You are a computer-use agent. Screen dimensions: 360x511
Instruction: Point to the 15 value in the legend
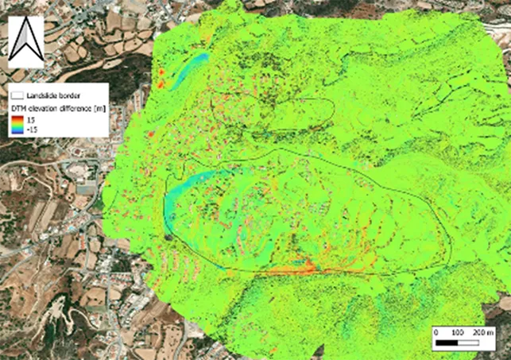coord(33,118)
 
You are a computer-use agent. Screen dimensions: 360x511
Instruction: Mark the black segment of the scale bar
coord(447,343)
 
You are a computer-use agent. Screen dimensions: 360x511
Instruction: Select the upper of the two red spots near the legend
coord(157,73)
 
